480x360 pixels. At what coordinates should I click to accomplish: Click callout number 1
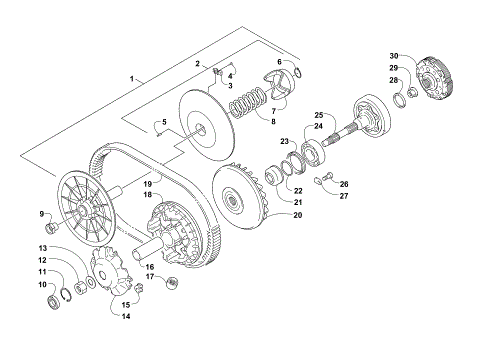(130, 77)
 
